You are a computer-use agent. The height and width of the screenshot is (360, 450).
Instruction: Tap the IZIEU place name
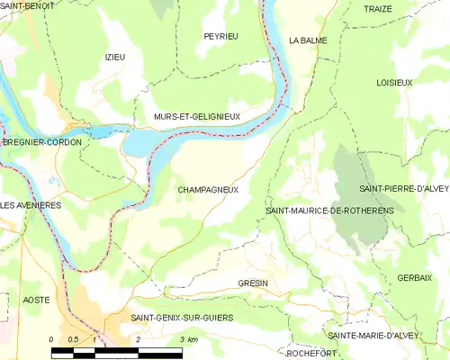(115, 57)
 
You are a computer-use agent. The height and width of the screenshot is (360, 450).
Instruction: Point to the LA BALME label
(308, 40)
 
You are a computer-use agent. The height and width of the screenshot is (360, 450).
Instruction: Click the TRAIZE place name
(378, 8)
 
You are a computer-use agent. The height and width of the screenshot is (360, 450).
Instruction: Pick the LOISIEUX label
(393, 82)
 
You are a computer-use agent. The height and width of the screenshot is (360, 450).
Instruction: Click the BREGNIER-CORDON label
(41, 142)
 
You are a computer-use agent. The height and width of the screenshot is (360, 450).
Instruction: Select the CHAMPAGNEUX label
(208, 190)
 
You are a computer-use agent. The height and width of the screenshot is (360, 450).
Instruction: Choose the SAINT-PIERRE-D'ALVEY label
(404, 189)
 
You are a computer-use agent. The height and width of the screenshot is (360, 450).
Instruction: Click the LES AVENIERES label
(31, 205)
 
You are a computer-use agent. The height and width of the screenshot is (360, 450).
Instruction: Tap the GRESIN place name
(253, 283)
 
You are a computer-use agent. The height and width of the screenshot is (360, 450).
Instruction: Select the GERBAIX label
(413, 278)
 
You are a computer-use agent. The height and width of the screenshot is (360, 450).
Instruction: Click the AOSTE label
(37, 298)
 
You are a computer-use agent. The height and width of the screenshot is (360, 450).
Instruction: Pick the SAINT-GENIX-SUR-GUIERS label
(182, 318)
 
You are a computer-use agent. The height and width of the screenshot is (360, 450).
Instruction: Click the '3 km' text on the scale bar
(189, 339)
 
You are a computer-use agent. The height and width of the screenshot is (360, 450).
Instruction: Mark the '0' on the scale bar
(51, 339)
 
